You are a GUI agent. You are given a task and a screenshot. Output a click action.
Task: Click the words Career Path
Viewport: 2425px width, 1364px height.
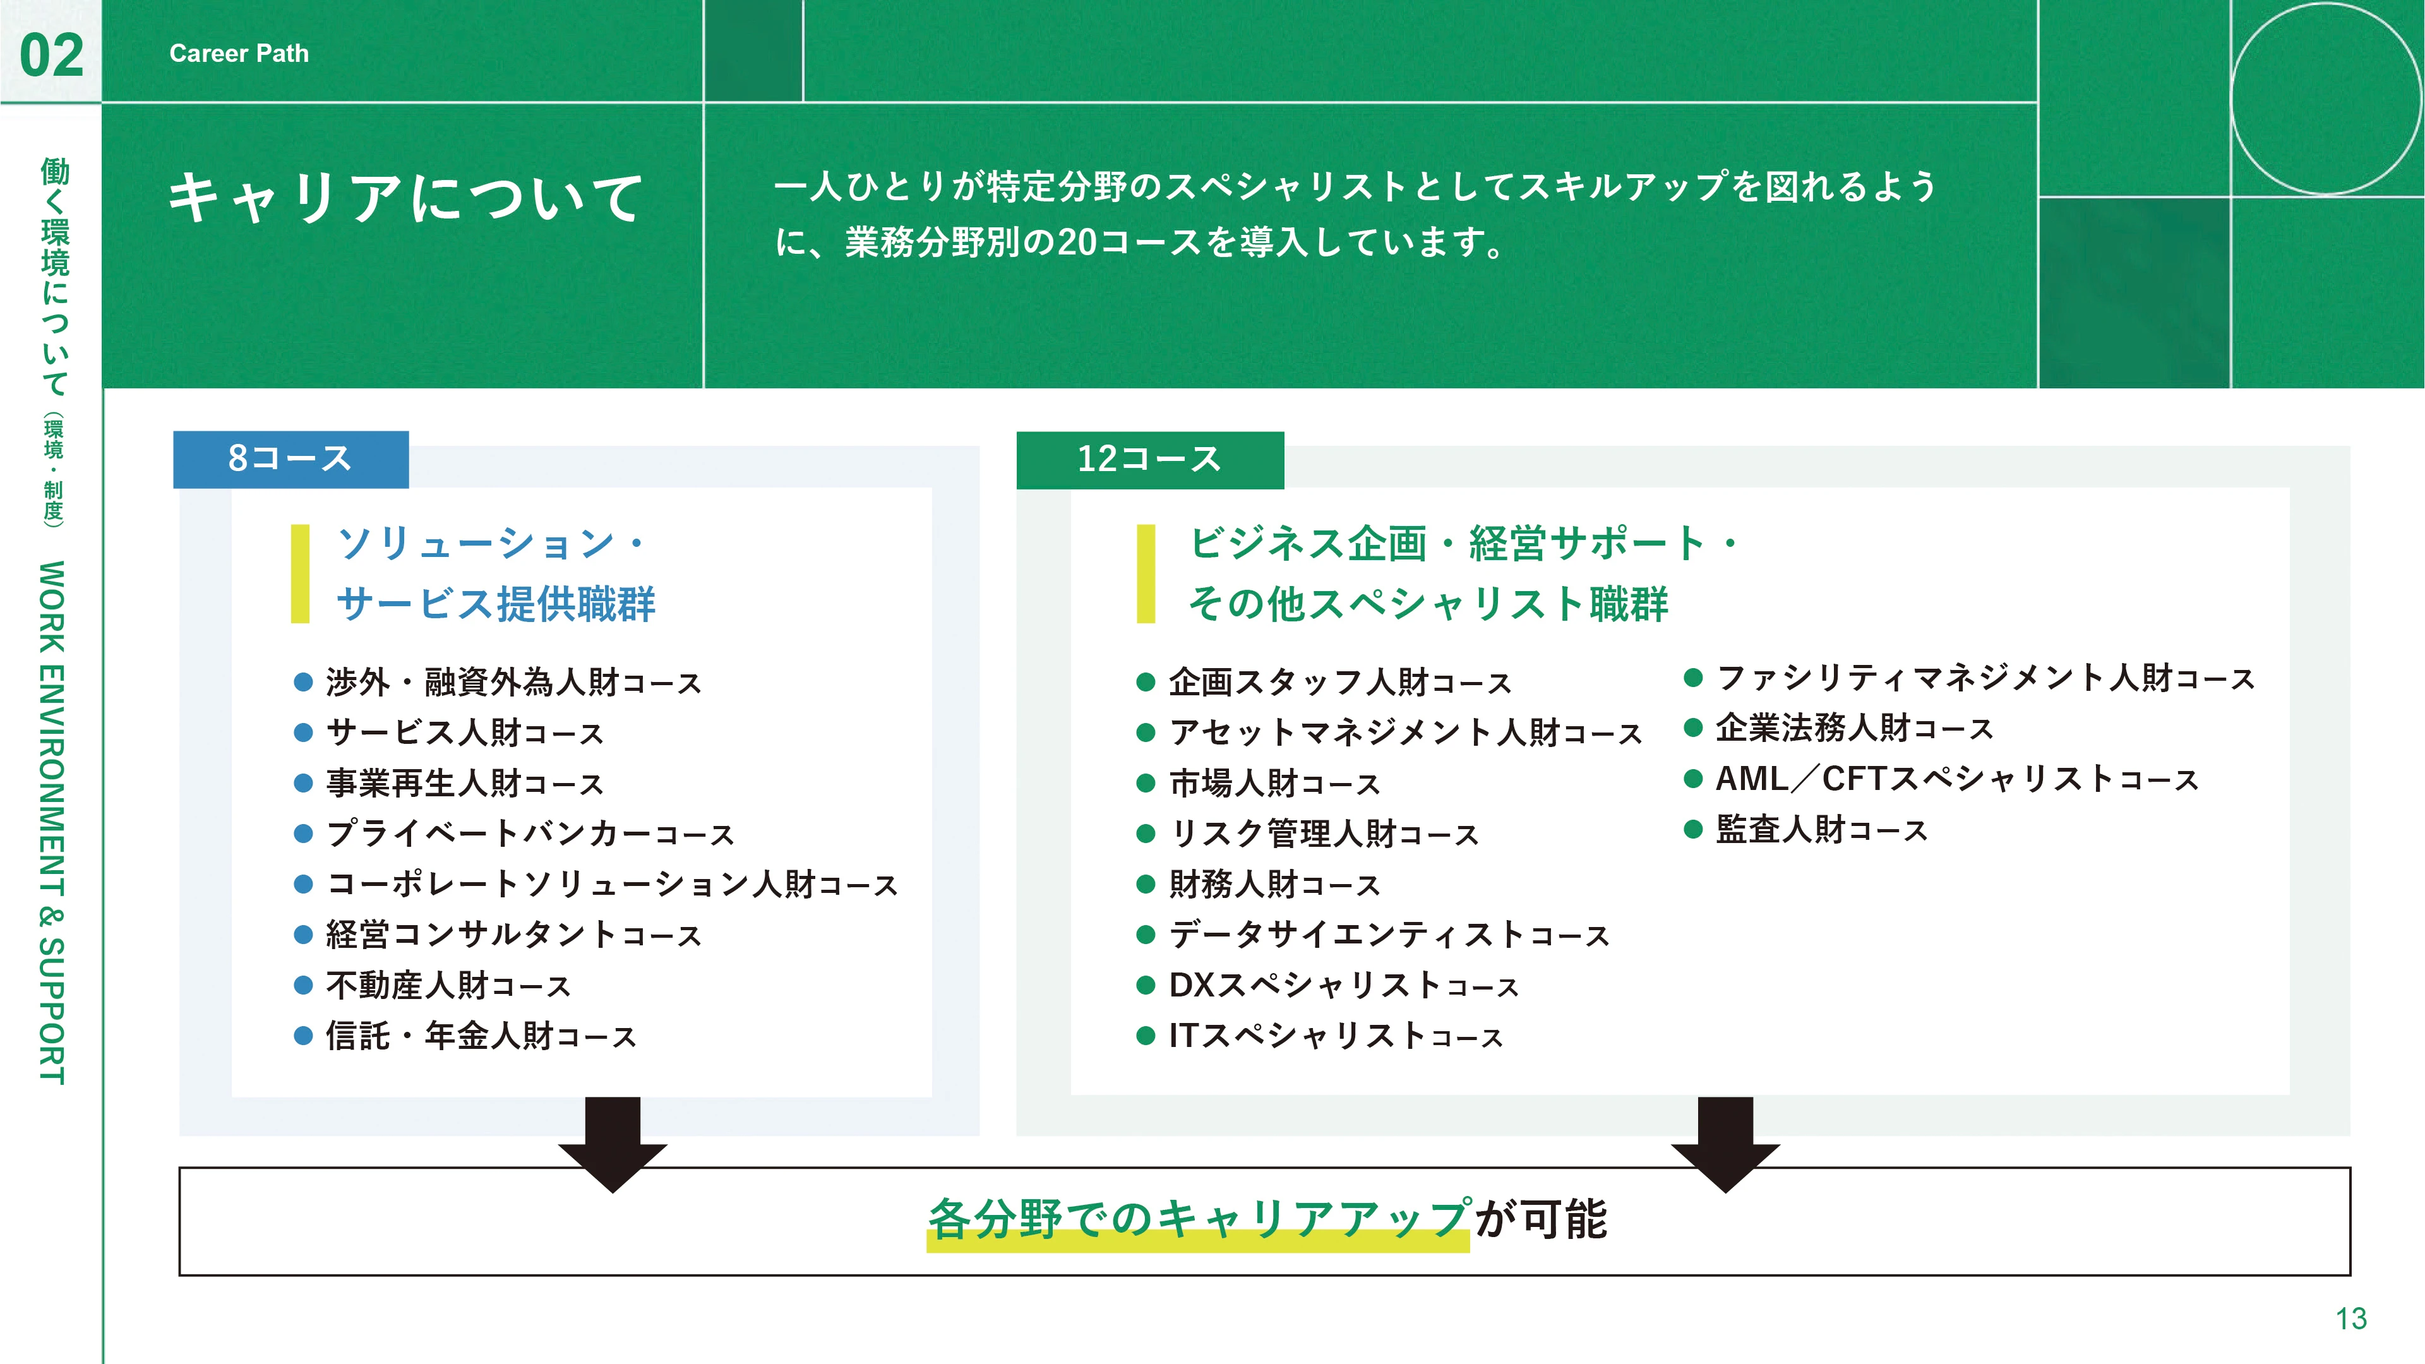pos(239,54)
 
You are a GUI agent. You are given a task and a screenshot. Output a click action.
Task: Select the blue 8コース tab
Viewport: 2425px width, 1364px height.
pos(291,459)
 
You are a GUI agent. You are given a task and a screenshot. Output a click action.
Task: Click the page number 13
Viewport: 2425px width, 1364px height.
pos(2350,1318)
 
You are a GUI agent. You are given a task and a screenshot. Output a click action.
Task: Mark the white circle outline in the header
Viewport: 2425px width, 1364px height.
pos(2231,99)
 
